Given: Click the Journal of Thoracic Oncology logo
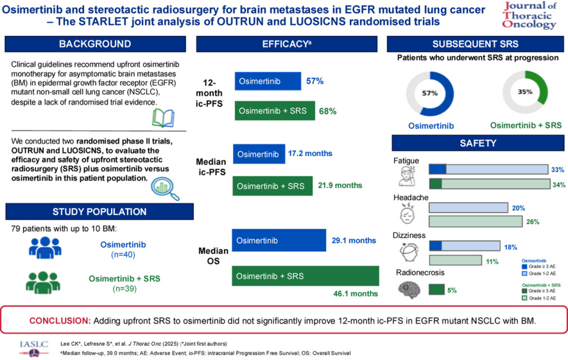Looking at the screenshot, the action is click(x=529, y=15).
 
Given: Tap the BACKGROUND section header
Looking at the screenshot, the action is click(x=95, y=44).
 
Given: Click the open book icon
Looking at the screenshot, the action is click(x=164, y=118).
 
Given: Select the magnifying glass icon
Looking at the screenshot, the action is click(x=165, y=188).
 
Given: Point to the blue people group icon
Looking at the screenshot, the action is click(x=45, y=248).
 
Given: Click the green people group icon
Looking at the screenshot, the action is click(x=43, y=282).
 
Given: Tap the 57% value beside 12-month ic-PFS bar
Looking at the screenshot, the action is click(x=315, y=81).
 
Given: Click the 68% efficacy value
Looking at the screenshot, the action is click(x=328, y=111).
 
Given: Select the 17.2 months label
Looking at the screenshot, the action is click(x=310, y=153).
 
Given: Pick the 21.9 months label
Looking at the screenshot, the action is click(x=340, y=185).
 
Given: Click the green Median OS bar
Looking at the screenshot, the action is click(x=306, y=276).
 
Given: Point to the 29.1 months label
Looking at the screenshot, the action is click(x=354, y=241).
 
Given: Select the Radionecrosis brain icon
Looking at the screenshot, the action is click(x=409, y=290).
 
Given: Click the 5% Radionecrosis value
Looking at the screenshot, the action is click(x=452, y=290).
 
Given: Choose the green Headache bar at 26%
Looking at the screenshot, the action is click(x=475, y=221).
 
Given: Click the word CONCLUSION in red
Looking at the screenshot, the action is click(x=59, y=321).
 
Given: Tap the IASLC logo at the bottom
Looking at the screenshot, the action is click(x=34, y=348).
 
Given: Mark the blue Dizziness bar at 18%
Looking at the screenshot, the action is click(x=465, y=246).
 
